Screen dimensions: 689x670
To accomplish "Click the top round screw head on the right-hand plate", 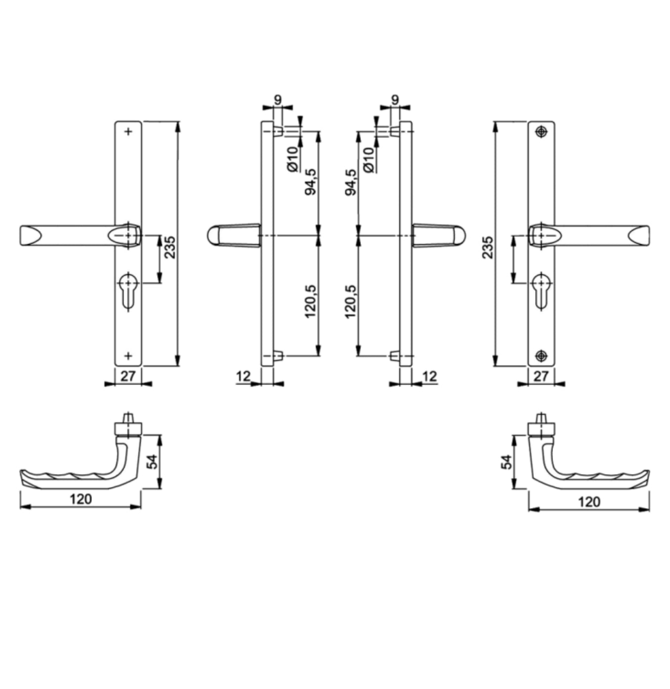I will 542,131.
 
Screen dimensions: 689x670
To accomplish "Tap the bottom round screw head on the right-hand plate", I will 542,355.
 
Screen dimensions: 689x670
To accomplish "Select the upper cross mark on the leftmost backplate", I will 128,131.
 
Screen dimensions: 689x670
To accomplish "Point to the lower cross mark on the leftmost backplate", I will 128,355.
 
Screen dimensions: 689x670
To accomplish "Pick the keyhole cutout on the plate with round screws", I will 542,290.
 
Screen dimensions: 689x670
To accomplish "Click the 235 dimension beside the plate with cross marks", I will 169,247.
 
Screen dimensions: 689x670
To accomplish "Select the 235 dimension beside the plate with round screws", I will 488,247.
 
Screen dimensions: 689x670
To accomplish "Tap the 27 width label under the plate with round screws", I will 541,376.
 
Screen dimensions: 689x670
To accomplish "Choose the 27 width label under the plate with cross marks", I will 128,376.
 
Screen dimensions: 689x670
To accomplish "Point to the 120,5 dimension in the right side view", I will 350,301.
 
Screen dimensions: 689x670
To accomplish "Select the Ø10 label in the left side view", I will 293,159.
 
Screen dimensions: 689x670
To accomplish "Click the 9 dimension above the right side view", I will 395,100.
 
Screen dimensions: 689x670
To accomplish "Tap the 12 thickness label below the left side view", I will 243,376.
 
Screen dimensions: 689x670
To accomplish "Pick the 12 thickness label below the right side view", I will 429,376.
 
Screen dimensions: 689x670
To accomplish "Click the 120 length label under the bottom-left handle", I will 81,499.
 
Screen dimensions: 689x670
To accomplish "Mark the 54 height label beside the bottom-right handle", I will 506,462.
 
